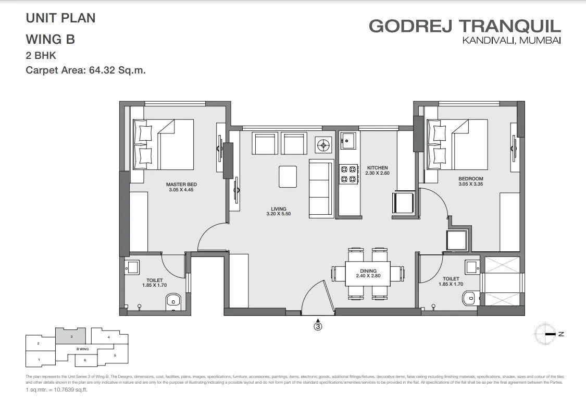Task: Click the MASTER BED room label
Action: pyautogui.click(x=181, y=187)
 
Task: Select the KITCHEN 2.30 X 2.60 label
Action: pyautogui.click(x=377, y=170)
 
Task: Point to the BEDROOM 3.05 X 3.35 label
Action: pyautogui.click(x=471, y=180)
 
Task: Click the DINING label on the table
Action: pyautogui.click(x=368, y=273)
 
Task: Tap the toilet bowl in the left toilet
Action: pyautogui.click(x=172, y=301)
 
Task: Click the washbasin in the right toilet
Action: pyautogui.click(x=472, y=267)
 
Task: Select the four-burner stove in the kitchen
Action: pyautogui.click(x=348, y=174)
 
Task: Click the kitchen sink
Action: pyautogui.click(x=348, y=140)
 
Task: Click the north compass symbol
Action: pyautogui.click(x=546, y=334)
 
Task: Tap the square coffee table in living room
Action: pyautogui.click(x=288, y=176)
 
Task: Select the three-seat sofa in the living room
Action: pyautogui.click(x=321, y=189)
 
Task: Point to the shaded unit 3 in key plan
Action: pyautogui.click(x=70, y=336)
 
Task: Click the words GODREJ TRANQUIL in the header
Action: pyautogui.click(x=465, y=26)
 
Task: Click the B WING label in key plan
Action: pyautogui.click(x=82, y=349)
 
